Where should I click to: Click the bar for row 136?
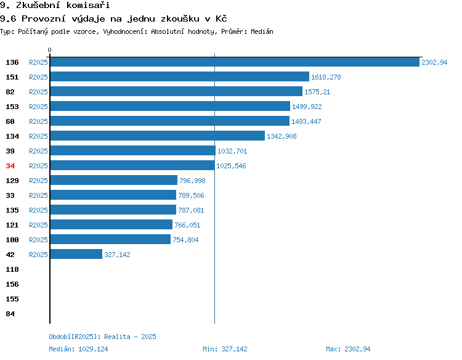point(235,62)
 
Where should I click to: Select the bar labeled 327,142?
point(76,254)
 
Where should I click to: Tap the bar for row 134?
point(158,136)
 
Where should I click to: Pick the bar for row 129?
point(114,180)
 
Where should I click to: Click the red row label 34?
point(10,166)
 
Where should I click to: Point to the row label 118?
point(12,269)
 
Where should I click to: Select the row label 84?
point(10,314)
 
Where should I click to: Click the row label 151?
point(12,77)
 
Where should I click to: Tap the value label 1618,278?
point(326,77)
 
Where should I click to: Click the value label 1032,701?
point(232,151)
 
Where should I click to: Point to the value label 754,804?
point(185,240)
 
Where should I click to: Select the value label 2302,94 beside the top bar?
point(434,62)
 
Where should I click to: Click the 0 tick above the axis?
point(49,50)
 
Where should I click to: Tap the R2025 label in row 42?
point(38,255)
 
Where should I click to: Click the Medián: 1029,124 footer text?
point(78,349)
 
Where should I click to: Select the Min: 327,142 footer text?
point(225,349)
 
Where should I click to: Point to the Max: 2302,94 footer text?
point(348,349)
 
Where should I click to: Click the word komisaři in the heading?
point(88,5)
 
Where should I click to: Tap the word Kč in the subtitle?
point(221,18)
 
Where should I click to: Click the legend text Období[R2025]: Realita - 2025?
point(102,337)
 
